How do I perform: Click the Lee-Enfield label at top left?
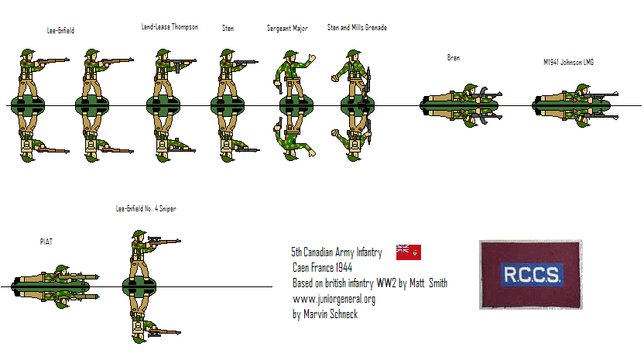60,30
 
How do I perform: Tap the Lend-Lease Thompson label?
170,27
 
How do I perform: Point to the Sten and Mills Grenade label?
356,28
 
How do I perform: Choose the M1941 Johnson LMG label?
568,61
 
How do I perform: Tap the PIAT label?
46,242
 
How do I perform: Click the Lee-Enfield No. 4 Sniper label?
146,209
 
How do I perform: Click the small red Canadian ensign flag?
408,252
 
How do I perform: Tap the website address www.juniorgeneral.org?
334,300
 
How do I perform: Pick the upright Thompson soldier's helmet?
163,52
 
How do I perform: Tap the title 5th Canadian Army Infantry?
337,252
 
